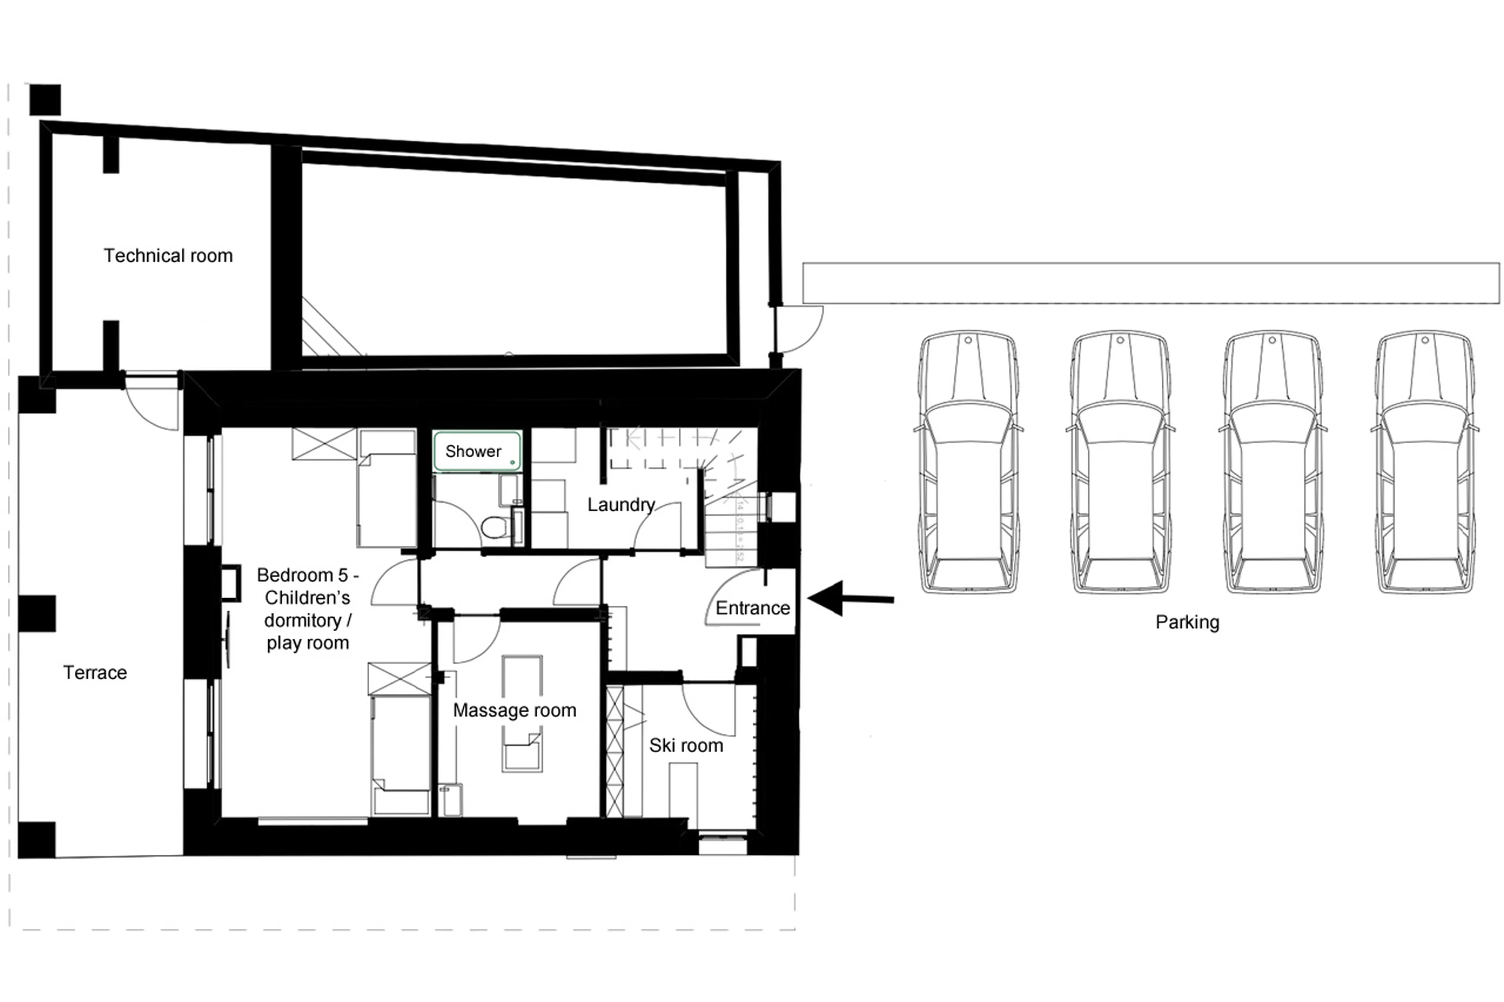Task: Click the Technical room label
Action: point(168,256)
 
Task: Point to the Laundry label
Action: point(621,505)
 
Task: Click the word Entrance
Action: point(752,608)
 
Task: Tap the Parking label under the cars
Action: point(1187,623)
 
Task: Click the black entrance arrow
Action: point(850,599)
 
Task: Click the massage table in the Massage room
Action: point(522,713)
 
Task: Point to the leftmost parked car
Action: point(968,462)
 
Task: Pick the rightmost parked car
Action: point(1425,462)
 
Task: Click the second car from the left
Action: point(1121,462)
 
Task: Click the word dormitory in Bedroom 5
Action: point(308,621)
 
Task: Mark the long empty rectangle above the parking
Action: point(1151,283)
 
